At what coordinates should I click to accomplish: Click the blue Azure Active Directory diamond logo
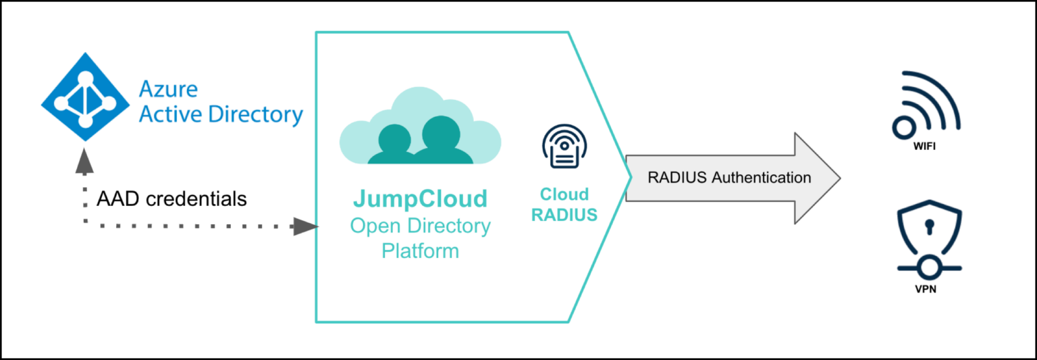click(x=85, y=97)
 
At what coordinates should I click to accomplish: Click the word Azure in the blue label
click(x=168, y=89)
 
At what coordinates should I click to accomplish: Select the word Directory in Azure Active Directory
click(x=255, y=114)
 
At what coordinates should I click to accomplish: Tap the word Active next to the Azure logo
click(x=170, y=114)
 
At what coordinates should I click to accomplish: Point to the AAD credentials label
click(x=171, y=199)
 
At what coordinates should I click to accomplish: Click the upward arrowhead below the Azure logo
click(x=84, y=159)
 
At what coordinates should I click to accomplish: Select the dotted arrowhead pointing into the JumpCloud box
click(x=305, y=228)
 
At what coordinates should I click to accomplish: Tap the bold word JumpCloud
click(x=420, y=199)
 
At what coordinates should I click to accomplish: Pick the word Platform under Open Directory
click(x=420, y=251)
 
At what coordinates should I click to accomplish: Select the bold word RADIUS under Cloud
click(x=564, y=215)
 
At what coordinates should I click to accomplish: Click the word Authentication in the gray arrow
click(x=759, y=178)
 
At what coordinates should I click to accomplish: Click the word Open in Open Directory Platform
click(x=375, y=226)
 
